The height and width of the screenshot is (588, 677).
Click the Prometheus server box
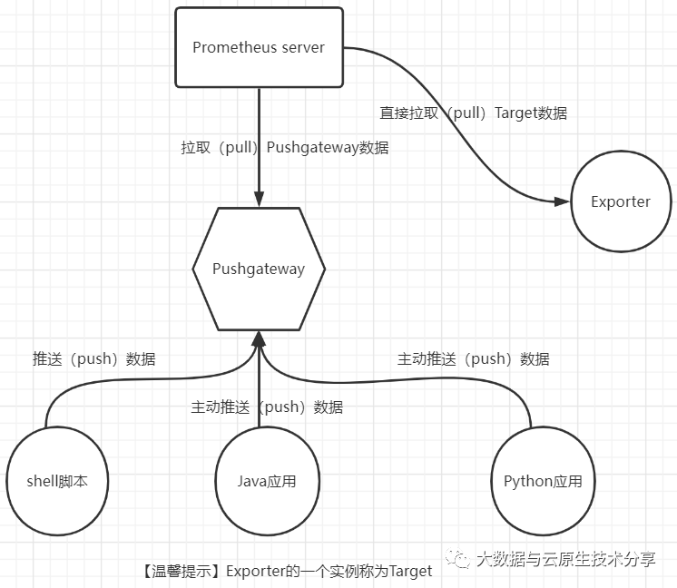point(259,47)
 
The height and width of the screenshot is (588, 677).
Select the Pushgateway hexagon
point(259,269)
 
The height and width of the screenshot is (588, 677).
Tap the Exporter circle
point(621,201)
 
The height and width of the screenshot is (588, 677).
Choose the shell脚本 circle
point(57,481)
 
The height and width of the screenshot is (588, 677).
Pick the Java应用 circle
point(267,481)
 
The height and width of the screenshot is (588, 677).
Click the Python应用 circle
point(543,481)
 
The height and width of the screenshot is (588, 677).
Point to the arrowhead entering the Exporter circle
point(562,201)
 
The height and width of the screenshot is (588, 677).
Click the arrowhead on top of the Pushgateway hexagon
point(259,199)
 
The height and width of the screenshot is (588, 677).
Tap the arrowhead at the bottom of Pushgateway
point(259,338)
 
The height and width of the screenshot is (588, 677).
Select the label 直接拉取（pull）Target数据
point(473,113)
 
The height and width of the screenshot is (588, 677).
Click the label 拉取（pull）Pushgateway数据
point(285,148)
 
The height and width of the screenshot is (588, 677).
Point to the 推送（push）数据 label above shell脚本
point(94,358)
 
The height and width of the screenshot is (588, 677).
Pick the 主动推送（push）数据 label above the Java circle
point(267,407)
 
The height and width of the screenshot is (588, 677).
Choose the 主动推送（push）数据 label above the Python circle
point(473,358)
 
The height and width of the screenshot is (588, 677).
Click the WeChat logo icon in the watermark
point(458,558)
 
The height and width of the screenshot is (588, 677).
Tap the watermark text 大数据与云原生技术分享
point(566,560)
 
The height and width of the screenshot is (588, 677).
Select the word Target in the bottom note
point(410,571)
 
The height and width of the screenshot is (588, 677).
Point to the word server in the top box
point(303,47)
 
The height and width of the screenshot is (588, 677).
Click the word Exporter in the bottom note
point(256,571)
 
